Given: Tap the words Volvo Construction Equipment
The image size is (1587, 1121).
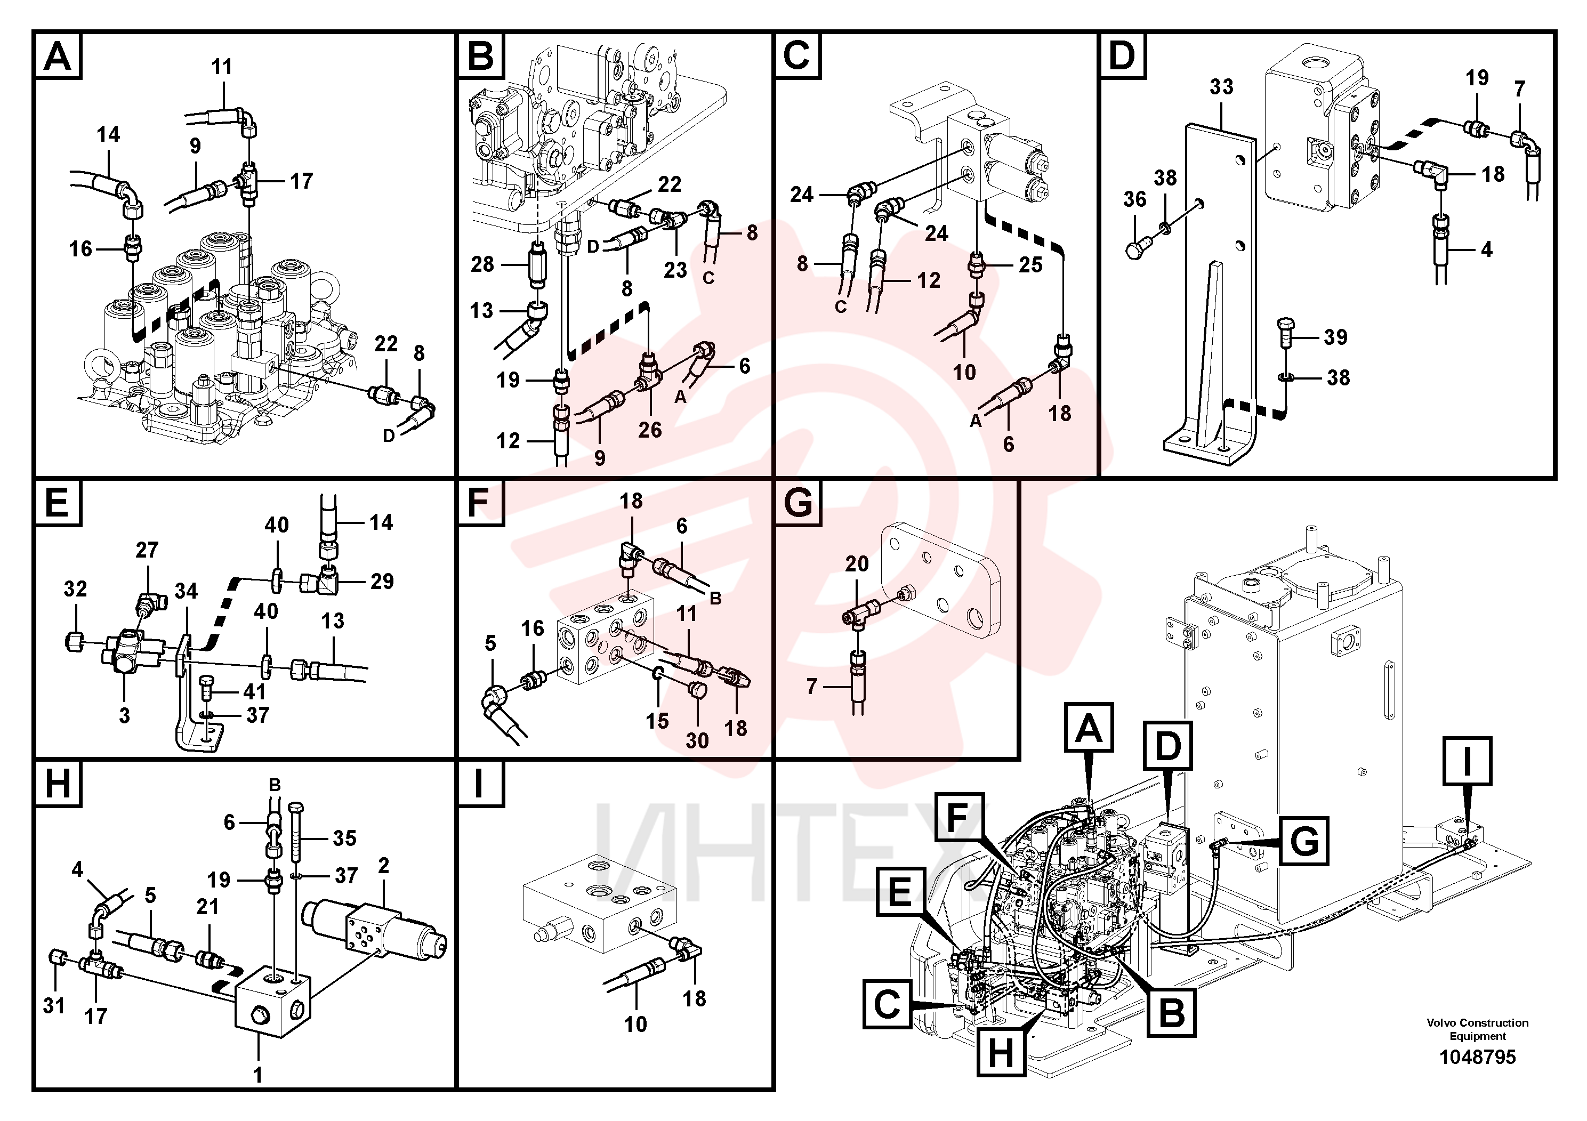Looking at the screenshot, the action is pyautogui.click(x=1477, y=1029).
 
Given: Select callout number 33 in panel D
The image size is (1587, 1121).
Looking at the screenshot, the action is pyautogui.click(x=1221, y=87).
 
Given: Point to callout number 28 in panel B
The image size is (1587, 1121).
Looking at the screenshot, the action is pyautogui.click(x=482, y=264).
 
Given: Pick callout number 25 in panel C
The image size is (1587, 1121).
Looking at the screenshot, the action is pyautogui.click(x=1030, y=265).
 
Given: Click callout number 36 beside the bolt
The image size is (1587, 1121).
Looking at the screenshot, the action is pyautogui.click(x=1134, y=199).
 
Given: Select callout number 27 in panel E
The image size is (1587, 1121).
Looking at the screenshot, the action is pyautogui.click(x=147, y=550).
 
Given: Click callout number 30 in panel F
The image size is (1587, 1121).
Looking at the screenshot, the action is pyautogui.click(x=697, y=741).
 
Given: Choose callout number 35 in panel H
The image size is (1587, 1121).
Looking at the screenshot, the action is pyautogui.click(x=344, y=838).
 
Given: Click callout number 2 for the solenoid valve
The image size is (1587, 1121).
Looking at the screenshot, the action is pyautogui.click(x=384, y=865).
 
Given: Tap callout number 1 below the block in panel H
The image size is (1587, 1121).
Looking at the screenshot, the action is pyautogui.click(x=258, y=1075).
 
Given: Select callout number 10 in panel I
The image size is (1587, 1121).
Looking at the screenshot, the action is pyautogui.click(x=635, y=1023).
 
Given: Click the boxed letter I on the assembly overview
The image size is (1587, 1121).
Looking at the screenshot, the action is pyautogui.click(x=1467, y=761).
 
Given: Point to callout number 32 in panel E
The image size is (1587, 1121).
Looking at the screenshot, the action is pyautogui.click(x=75, y=589).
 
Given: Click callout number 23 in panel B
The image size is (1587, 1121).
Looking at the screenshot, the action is pyautogui.click(x=675, y=270).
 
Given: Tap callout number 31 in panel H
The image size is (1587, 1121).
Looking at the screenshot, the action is pyautogui.click(x=54, y=1005).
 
